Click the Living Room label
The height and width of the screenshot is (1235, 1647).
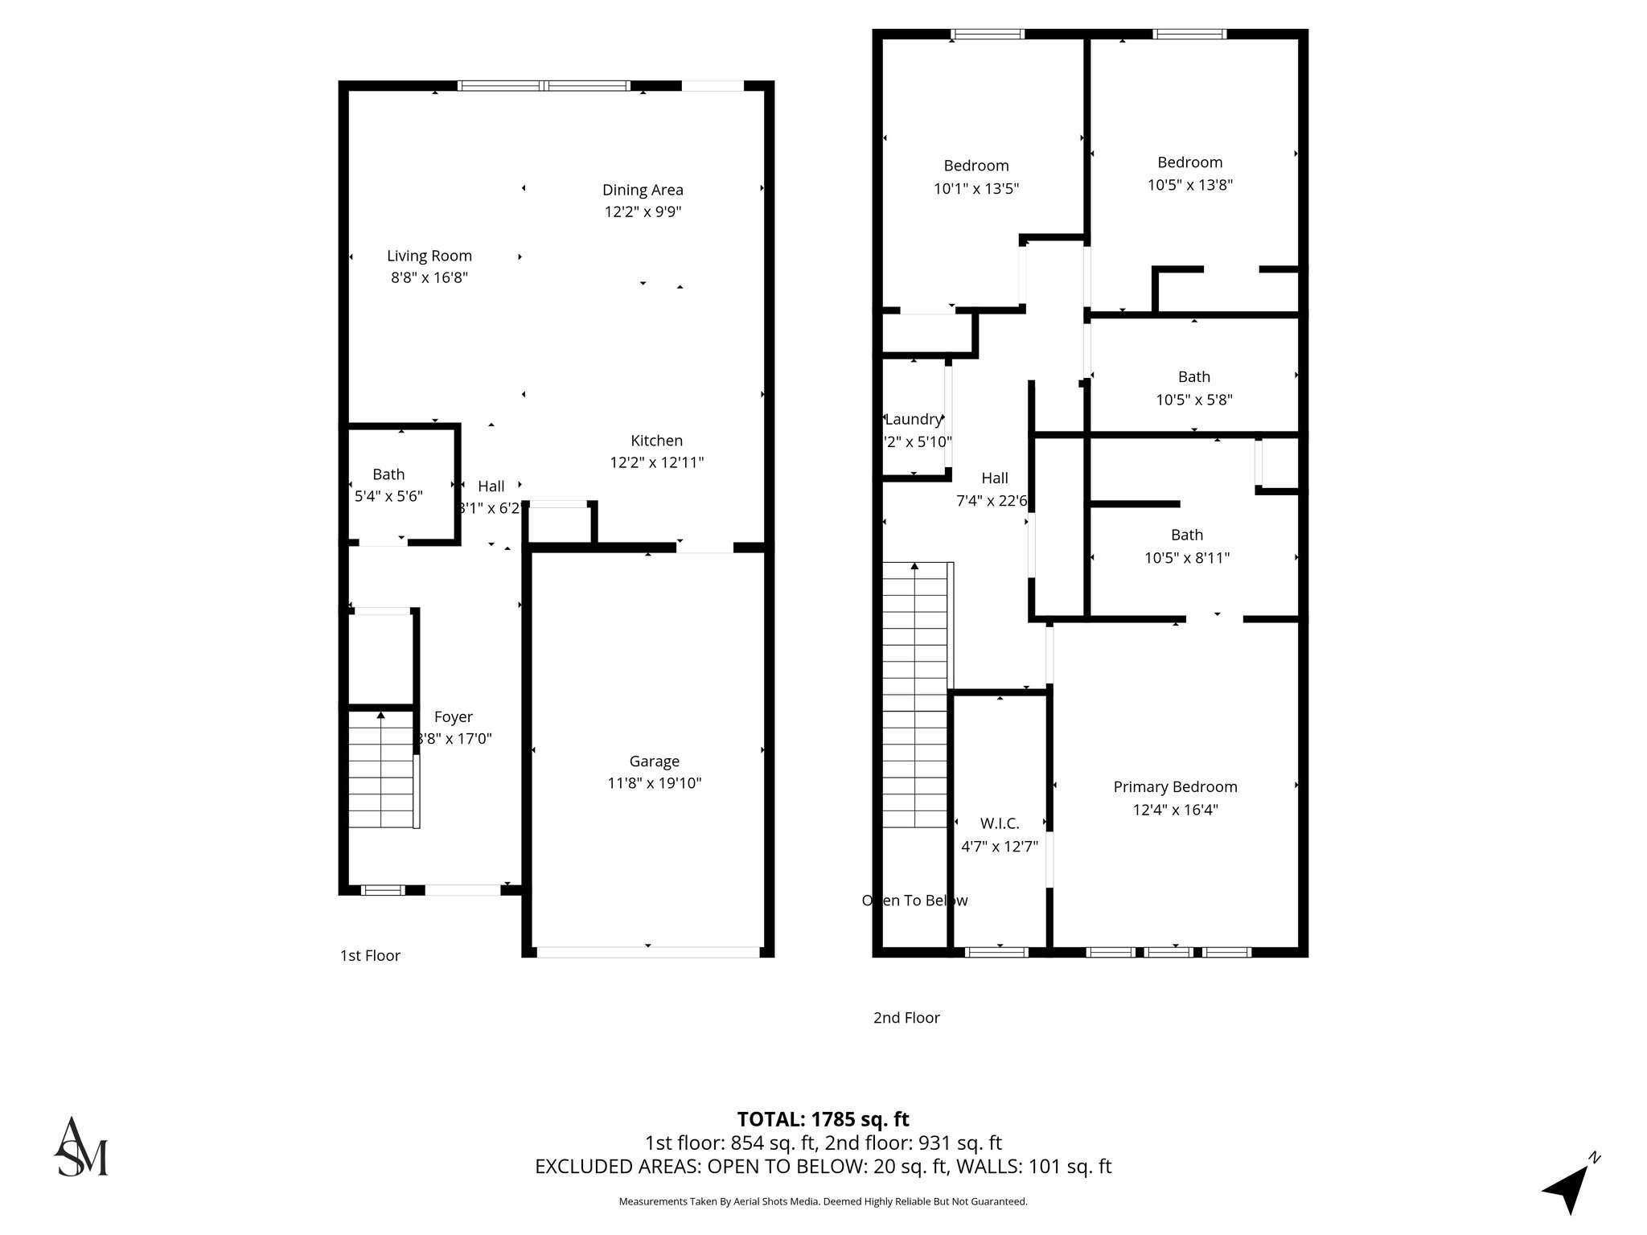tap(429, 256)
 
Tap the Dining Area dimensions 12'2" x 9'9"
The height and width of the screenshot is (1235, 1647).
tap(643, 212)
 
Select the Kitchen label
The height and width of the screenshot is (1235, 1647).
tap(656, 441)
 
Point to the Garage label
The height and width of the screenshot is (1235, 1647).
tap(654, 761)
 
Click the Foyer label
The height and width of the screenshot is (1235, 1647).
tap(453, 717)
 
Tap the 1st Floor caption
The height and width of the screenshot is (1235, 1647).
tap(370, 955)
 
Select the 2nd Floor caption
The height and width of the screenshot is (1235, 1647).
tap(906, 1018)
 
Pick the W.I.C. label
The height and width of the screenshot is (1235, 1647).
tap(999, 824)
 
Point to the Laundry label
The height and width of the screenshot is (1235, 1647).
tap(913, 419)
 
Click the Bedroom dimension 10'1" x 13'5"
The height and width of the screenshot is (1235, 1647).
tap(975, 189)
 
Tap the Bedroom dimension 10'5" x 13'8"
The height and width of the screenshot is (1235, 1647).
tap(1189, 185)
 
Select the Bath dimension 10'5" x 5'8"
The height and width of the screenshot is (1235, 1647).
tap(1193, 400)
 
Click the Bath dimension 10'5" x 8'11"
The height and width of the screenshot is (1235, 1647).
tap(1187, 558)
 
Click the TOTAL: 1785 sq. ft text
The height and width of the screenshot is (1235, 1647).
tap(823, 1119)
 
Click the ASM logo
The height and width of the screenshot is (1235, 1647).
tap(80, 1147)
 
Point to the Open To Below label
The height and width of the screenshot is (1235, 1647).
tap(914, 901)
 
